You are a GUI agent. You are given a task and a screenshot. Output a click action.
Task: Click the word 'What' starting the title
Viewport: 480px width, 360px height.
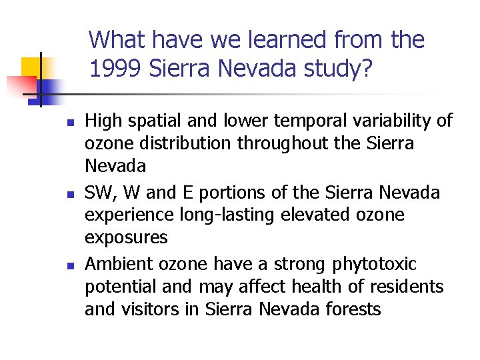117,40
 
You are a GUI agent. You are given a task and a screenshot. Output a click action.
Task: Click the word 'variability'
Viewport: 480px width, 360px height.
382,121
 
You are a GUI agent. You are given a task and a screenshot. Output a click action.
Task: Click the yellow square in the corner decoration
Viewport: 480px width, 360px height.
33,67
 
